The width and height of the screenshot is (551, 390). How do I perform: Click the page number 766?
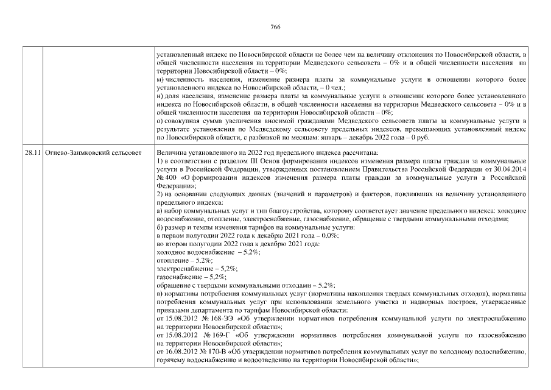[x=275, y=27]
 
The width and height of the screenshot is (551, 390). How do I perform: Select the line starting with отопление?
[x=180, y=260]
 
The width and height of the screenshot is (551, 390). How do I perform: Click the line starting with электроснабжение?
[x=196, y=268]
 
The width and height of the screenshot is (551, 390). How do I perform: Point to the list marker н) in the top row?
[x=160, y=96]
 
